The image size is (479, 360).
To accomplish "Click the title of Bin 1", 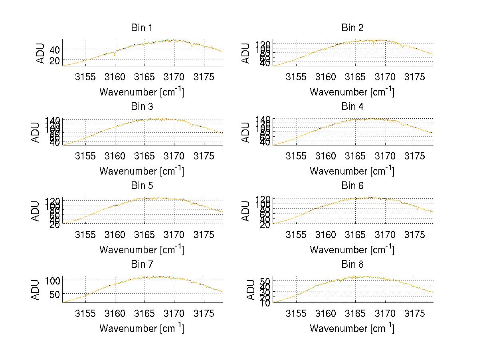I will coord(141,28).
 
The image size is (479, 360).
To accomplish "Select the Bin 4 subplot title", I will coord(352,107).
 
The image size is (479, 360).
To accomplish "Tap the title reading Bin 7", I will coord(141,265).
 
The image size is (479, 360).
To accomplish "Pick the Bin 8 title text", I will coord(352,265).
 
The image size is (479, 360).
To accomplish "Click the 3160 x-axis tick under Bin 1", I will coord(115,77).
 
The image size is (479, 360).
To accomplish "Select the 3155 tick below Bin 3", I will coord(85,156).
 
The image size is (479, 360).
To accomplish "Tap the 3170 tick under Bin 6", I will coord(385,235).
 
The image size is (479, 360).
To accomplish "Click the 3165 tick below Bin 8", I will coord(355,313).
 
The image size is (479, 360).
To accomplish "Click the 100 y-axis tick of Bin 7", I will coord(51,280).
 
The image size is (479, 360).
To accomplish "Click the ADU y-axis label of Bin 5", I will coord(36,211).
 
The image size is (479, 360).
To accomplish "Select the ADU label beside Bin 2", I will coord(246,53).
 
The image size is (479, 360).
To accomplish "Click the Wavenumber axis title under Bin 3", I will coord(141,171).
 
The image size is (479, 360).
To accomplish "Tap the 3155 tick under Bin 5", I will coord(85,235).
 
